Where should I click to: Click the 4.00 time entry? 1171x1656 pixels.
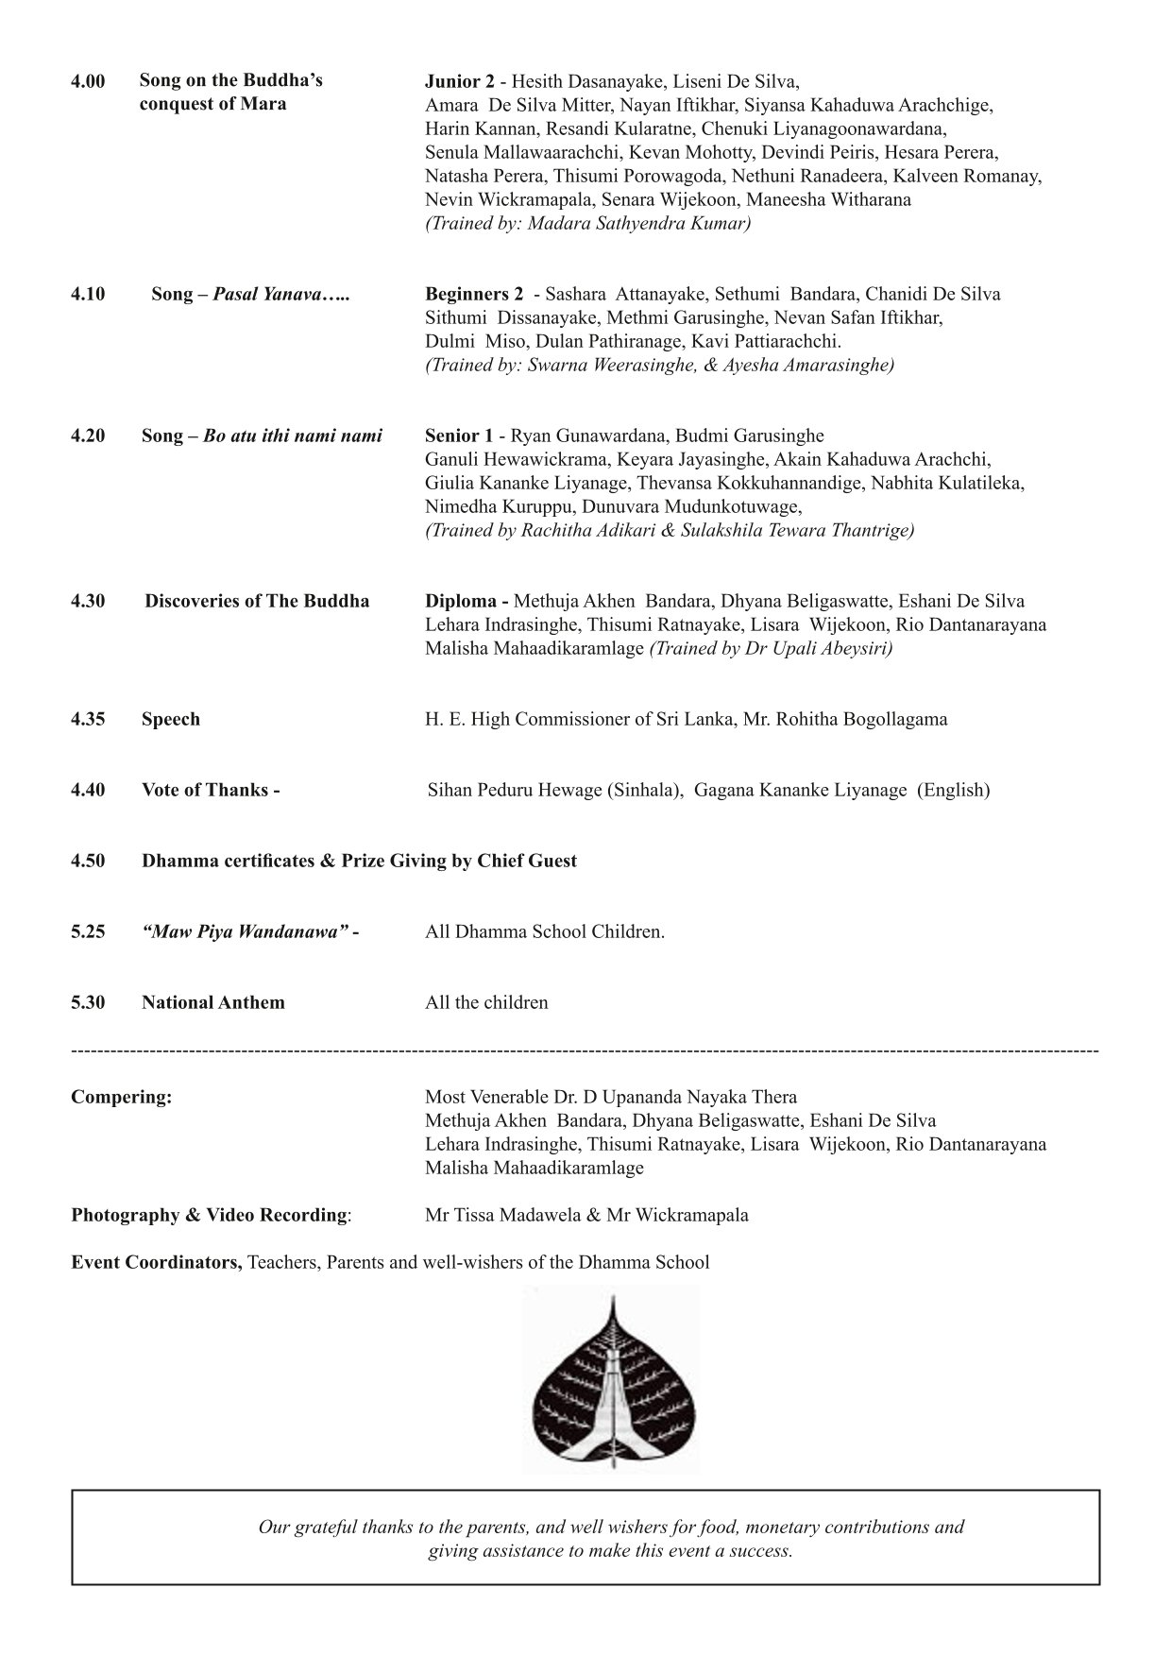(x=88, y=81)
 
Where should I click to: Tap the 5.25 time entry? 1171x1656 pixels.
(x=88, y=931)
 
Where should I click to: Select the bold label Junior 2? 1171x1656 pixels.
(x=460, y=81)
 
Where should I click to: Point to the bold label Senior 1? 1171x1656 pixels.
(x=459, y=435)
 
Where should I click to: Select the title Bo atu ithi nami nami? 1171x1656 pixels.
(x=293, y=435)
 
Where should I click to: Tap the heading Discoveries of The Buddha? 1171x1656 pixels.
(x=257, y=601)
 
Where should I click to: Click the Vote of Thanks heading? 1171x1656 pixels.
(x=211, y=790)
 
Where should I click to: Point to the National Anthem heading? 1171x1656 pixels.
(x=213, y=1002)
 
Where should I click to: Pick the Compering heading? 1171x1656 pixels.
(x=122, y=1097)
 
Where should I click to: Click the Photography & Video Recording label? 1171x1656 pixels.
(x=211, y=1215)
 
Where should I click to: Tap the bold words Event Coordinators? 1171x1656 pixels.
(x=157, y=1262)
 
